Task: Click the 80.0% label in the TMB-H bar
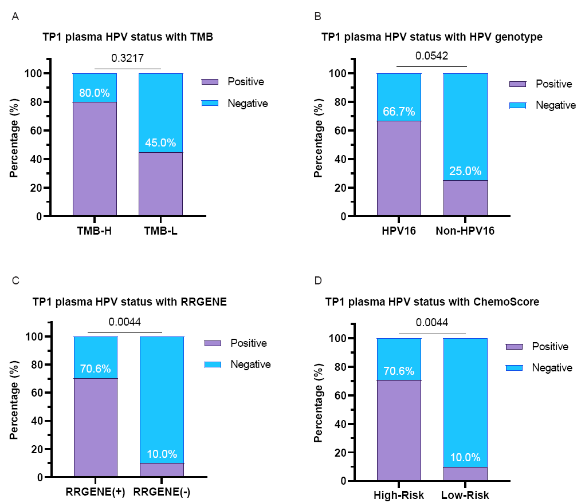click(95, 93)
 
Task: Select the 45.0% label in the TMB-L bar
click(160, 143)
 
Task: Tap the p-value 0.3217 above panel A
click(127, 58)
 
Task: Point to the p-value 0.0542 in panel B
click(431, 56)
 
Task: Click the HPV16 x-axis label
click(398, 232)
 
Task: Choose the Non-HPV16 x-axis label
click(465, 232)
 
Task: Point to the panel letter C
click(15, 280)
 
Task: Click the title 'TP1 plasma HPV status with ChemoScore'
click(431, 302)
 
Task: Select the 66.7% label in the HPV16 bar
click(399, 112)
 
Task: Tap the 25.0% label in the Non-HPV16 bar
click(465, 171)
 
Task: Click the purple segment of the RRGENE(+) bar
click(96, 426)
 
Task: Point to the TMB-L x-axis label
click(160, 232)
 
